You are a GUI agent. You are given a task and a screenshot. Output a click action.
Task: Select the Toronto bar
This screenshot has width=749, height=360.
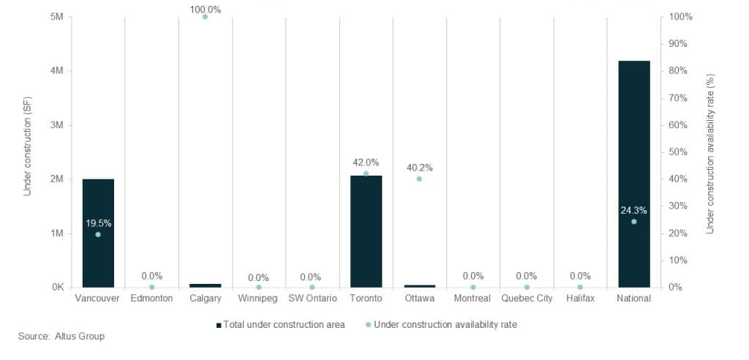tap(366, 241)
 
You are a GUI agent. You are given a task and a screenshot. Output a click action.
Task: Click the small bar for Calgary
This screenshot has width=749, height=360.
tap(205, 285)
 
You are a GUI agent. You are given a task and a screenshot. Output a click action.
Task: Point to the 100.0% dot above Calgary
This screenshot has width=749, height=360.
tap(205, 17)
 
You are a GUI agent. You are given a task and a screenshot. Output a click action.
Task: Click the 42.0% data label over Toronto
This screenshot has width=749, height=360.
tap(366, 162)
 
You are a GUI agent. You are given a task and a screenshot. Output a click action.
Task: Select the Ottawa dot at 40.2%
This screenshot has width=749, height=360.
tap(419, 179)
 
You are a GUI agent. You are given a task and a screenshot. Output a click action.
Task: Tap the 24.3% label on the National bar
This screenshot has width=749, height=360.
tap(633, 211)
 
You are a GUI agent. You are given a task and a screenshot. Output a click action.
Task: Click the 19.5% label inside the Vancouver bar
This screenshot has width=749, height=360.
tap(98, 223)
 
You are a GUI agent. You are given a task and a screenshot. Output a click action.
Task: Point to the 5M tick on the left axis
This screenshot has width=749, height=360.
tap(57, 17)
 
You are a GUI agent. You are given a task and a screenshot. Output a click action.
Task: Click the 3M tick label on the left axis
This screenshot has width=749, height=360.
tap(57, 125)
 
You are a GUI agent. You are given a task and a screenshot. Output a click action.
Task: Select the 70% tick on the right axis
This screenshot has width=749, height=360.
tap(677, 98)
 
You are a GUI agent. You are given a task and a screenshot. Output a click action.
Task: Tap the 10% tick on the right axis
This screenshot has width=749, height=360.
tap(677, 260)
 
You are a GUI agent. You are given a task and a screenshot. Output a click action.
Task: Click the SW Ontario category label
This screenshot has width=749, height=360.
tap(312, 299)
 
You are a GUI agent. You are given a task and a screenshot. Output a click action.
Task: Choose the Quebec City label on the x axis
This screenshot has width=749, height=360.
tap(527, 299)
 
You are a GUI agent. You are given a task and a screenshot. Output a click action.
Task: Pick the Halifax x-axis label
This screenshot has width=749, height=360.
tap(580, 299)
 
